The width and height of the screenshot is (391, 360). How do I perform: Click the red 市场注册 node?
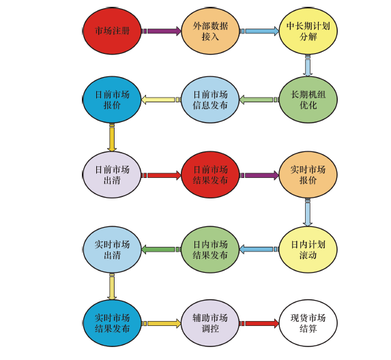112,31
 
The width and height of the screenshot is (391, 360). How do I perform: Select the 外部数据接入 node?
210,31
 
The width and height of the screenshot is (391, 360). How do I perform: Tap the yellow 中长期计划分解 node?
308,31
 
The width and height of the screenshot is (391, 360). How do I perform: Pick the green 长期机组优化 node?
308,100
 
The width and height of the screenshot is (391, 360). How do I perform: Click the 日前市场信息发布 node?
210,100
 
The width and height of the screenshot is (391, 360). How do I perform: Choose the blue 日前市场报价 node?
112,100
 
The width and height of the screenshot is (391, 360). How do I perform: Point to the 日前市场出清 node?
112,175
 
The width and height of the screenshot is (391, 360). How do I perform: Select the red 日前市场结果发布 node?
210,175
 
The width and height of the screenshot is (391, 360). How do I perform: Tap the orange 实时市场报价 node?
308,175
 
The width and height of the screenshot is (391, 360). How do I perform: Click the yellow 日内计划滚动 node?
308,250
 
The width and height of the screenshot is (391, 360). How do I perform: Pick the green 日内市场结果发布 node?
210,250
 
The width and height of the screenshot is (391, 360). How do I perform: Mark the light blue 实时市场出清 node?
112,250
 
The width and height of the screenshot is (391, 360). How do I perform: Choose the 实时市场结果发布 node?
112,323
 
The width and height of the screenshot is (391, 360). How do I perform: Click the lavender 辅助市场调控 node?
210,323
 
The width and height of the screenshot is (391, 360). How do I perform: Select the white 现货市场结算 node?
308,323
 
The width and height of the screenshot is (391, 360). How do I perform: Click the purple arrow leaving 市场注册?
161,31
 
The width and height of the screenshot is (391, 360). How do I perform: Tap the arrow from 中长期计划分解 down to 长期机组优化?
308,65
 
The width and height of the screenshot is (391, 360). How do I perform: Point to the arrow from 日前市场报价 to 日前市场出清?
112,137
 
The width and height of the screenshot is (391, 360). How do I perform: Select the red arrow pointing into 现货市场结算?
259,323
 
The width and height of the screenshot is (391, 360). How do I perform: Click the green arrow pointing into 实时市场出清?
161,250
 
